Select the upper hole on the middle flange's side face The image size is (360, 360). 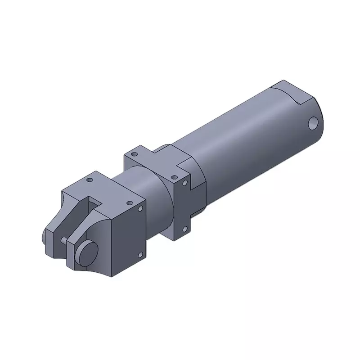184,183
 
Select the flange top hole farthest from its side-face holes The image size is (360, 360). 133,154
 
